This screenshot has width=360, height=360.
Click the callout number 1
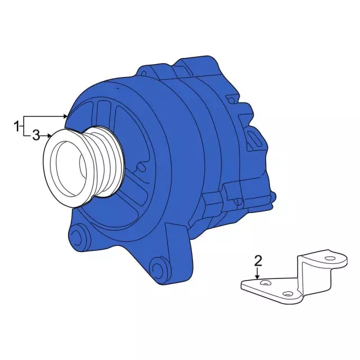(x=17, y=124)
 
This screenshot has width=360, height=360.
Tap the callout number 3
(x=35, y=135)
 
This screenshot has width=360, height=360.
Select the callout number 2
(x=258, y=260)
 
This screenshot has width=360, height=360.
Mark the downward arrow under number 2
(x=258, y=276)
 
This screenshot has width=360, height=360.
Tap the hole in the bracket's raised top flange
(x=329, y=259)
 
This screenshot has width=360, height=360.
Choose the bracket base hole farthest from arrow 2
(x=288, y=294)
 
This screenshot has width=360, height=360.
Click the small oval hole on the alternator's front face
(x=118, y=89)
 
